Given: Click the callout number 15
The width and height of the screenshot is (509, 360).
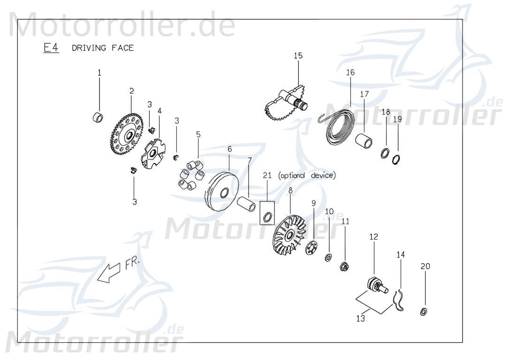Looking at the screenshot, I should pos(298,56).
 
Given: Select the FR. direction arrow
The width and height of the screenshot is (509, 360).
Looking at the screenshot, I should pos(107,273).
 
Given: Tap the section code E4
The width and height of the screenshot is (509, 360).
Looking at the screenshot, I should pos(51,48).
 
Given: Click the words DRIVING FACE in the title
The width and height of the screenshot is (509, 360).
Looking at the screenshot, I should pos(103,48).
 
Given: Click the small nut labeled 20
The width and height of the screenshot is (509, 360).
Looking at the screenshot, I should pos(424,311).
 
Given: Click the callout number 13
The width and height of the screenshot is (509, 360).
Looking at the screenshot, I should pos(360,318).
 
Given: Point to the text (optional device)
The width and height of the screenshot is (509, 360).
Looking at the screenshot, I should pos(307,175).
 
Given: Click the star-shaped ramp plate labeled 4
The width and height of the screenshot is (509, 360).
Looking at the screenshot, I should pos(154,155).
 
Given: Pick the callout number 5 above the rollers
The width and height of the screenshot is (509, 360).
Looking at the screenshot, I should pos(198,134).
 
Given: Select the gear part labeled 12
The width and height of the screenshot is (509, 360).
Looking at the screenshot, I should pos(375,285).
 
